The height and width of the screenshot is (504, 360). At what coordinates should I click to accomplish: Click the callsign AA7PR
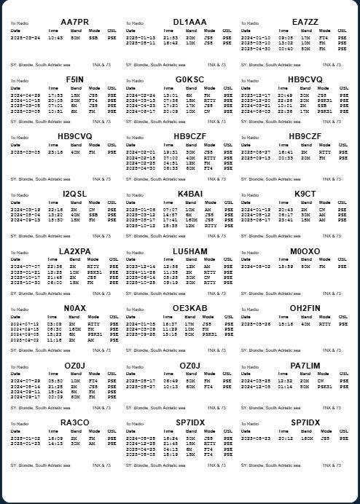pos(74,23)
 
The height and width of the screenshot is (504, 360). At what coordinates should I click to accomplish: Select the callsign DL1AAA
pos(190,23)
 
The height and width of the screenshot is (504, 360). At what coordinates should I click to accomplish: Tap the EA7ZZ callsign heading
pos(305,23)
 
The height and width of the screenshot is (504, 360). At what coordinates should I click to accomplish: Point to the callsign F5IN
pos(74,79)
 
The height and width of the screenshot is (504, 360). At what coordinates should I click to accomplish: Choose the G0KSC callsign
pos(190,79)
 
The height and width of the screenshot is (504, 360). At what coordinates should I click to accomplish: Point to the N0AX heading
pos(74,308)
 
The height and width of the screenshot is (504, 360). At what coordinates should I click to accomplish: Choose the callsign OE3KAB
pos(190,308)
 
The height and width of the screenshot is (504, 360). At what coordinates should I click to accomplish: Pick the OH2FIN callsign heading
pos(305,308)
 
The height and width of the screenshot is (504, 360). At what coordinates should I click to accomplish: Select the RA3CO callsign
pos(74,422)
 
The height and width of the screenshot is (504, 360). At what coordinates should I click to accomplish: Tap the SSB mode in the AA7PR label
pos(94,37)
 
